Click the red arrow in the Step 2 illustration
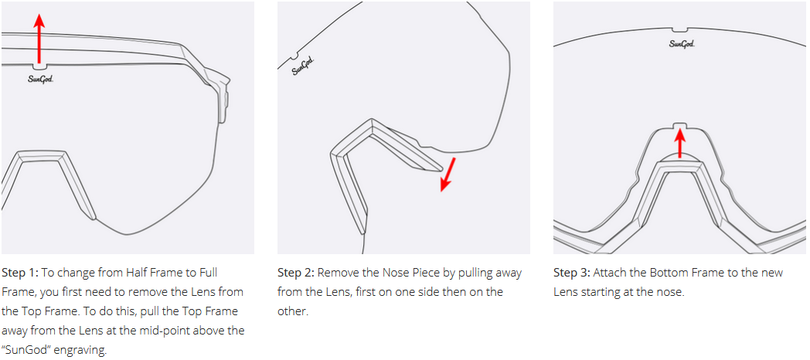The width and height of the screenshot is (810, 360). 448,175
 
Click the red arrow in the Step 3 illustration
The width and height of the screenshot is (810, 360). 681,143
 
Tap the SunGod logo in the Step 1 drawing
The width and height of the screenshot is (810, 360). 40,79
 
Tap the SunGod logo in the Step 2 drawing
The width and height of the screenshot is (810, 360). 303,67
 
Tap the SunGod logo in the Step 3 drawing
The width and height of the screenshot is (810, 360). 682,43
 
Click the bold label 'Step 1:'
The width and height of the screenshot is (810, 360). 20,272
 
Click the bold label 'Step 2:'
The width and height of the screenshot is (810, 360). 296,272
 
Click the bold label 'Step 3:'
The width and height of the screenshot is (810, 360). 572,272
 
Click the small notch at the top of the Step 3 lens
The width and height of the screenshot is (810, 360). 682,30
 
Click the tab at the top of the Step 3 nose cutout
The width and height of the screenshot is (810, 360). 681,125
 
